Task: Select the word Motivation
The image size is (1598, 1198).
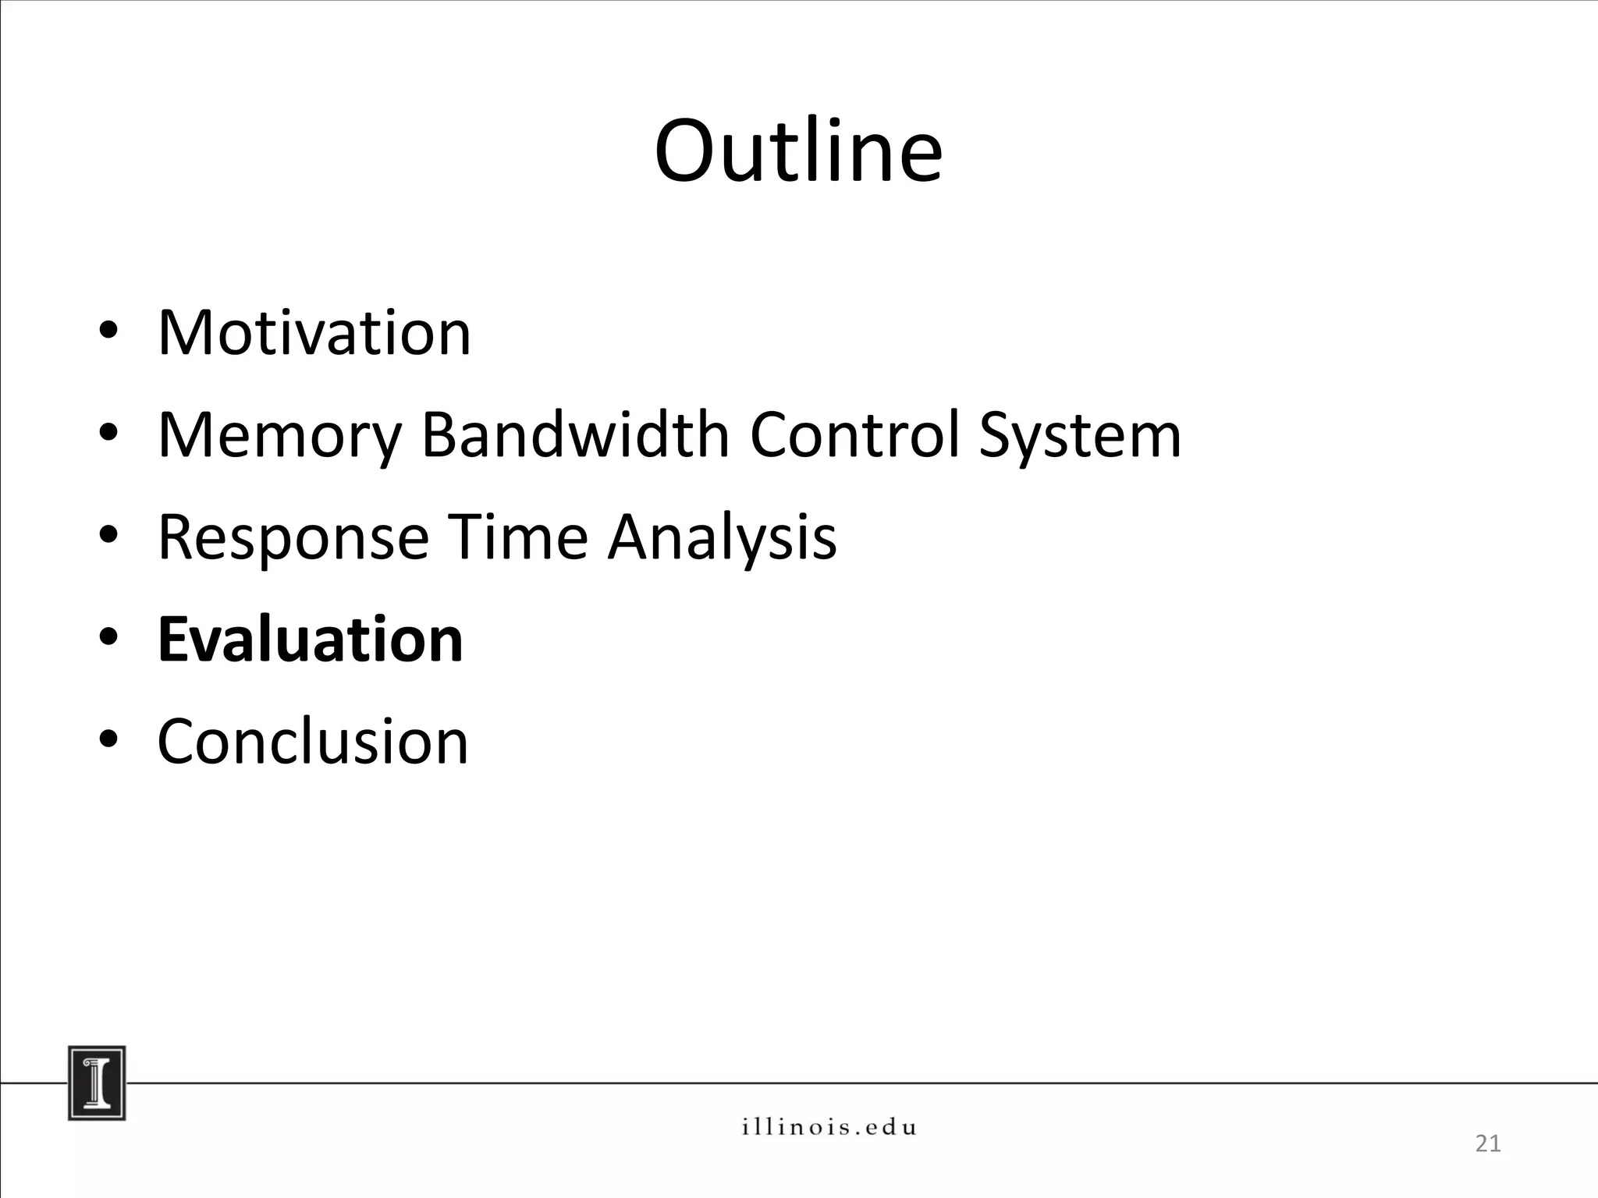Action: [314, 333]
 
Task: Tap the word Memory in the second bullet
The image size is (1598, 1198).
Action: [279, 436]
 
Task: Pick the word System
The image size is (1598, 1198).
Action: [1080, 436]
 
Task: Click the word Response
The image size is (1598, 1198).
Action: [293, 538]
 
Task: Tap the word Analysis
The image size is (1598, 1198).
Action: [722, 538]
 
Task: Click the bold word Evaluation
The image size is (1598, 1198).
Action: [311, 640]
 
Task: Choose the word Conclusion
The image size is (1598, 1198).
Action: [313, 741]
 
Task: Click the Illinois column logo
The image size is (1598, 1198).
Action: [97, 1083]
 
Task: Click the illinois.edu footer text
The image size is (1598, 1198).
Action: [829, 1127]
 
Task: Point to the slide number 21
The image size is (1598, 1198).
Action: [1488, 1144]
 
